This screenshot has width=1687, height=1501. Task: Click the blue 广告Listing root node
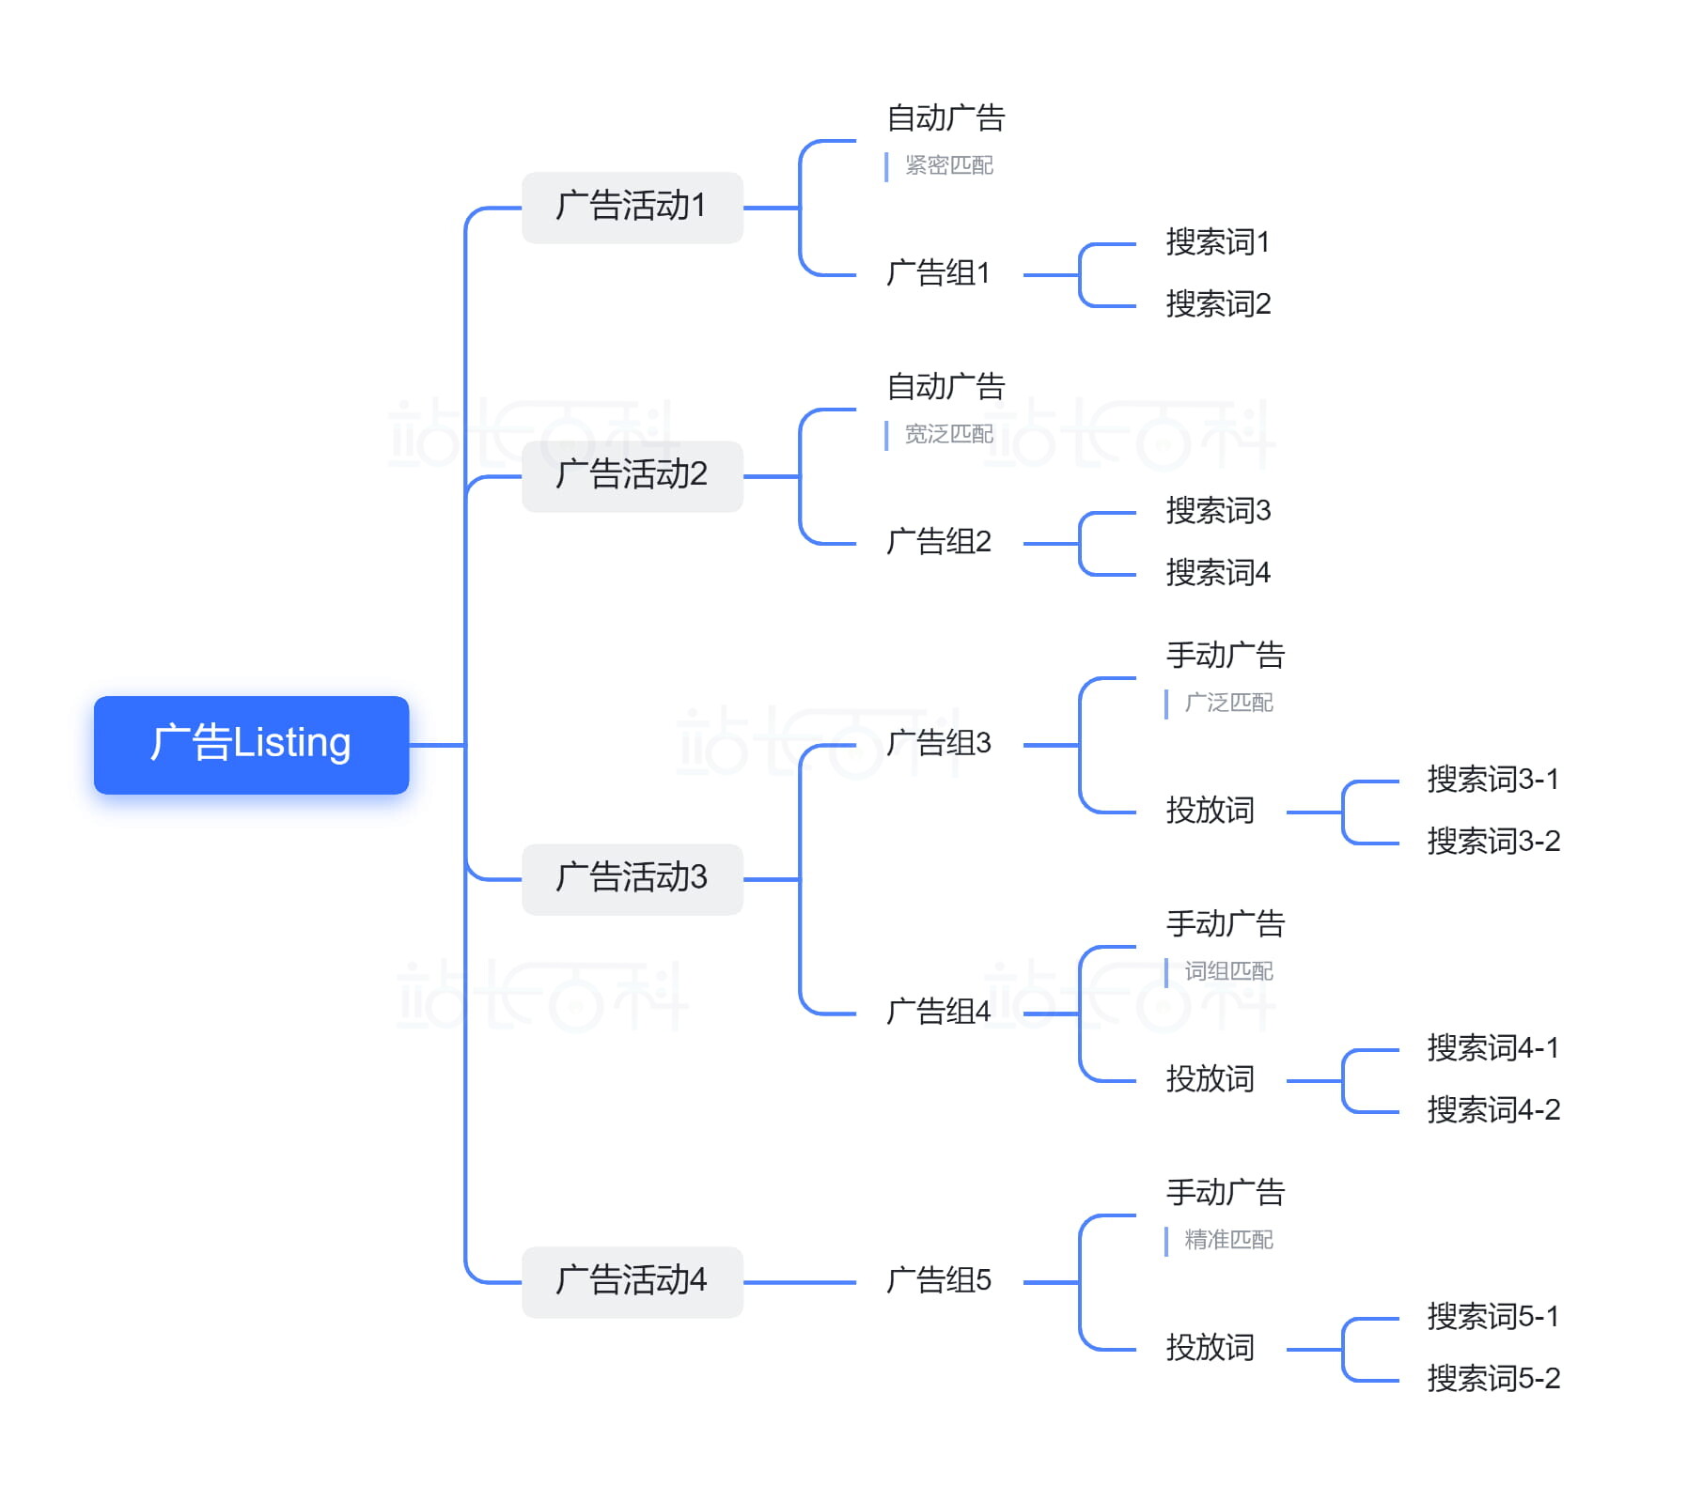pyautogui.click(x=251, y=744)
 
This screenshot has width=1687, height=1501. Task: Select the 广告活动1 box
pyautogui.click(x=632, y=207)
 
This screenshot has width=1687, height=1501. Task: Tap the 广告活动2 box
pyautogui.click(x=632, y=475)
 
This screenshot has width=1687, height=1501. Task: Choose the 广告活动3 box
pyautogui.click(x=632, y=878)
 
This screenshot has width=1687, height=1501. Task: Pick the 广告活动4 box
pyautogui.click(x=632, y=1281)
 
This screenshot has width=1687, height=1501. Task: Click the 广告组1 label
pyautogui.click(x=938, y=273)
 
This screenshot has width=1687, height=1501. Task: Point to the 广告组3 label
pyautogui.click(x=938, y=743)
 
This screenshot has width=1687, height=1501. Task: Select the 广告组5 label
pyautogui.click(x=938, y=1280)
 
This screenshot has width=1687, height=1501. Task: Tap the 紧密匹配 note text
pyautogui.click(x=948, y=165)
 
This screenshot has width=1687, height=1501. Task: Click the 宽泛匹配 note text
pyautogui.click(x=948, y=434)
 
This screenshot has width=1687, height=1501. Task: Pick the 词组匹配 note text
pyautogui.click(x=1227, y=971)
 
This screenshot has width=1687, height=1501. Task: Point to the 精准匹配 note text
pyautogui.click(x=1227, y=1240)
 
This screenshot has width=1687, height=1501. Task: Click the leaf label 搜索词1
pyautogui.click(x=1217, y=242)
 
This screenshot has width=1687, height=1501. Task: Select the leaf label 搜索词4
pyautogui.click(x=1217, y=573)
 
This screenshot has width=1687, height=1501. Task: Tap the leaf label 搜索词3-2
pyautogui.click(x=1492, y=842)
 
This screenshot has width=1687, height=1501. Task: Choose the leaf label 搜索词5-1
pyautogui.click(x=1492, y=1317)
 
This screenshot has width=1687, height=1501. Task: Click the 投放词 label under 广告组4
pyautogui.click(x=1210, y=1079)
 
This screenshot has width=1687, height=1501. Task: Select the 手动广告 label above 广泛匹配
pyautogui.click(x=1225, y=656)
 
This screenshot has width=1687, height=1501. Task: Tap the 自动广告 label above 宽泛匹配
pyautogui.click(x=945, y=387)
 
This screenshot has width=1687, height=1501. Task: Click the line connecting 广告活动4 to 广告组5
pyautogui.click(x=799, y=1282)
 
